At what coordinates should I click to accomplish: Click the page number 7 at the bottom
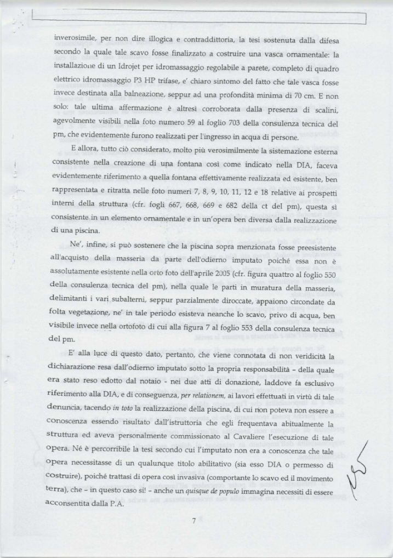194,521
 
